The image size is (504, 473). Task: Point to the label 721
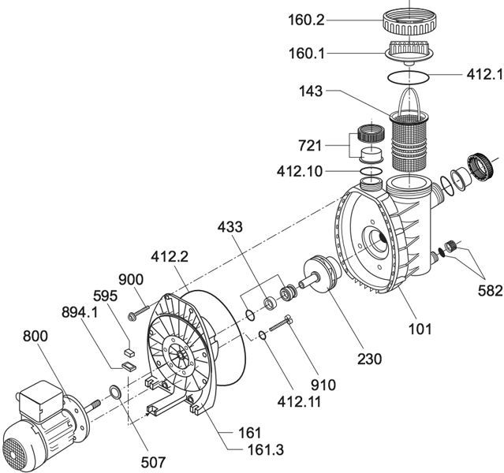(x=312, y=147)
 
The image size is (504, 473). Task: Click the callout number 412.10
(x=301, y=171)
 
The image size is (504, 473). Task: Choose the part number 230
(x=368, y=358)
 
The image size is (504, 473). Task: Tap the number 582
(x=490, y=290)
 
